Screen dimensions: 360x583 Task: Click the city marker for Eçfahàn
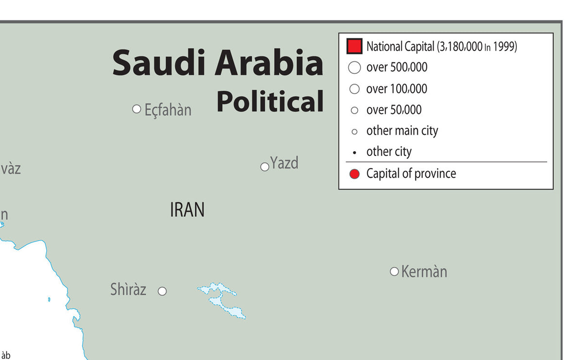point(137,109)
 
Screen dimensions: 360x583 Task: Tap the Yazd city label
point(284,163)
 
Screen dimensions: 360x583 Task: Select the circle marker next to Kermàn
point(394,271)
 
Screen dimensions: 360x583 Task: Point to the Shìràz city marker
point(162,291)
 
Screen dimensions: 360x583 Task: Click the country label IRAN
point(187,210)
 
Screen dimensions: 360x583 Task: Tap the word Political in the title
point(270,102)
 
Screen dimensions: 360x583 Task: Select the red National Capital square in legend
point(354,47)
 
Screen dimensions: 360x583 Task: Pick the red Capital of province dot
point(355,174)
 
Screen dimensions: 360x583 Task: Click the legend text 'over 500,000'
point(396,68)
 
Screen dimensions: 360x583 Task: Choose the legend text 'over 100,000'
point(396,89)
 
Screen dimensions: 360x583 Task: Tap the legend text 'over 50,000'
point(394,110)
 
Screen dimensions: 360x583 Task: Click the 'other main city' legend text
point(402,131)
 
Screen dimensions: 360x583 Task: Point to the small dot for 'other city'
point(355,153)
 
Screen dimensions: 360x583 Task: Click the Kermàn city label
point(424,272)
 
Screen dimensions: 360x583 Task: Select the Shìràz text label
point(128,289)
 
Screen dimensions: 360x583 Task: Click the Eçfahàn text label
point(168,110)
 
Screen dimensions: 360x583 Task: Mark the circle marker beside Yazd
point(265,167)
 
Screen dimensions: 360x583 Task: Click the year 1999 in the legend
point(505,47)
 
